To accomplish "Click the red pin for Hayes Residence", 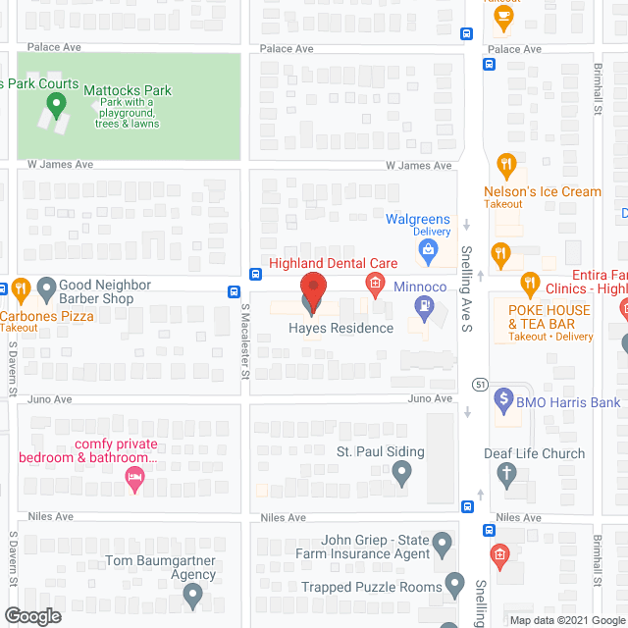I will click(312, 290).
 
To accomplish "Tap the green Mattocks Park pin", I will click(57, 102).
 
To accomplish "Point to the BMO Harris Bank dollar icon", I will click(503, 399).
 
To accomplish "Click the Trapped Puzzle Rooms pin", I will click(453, 586).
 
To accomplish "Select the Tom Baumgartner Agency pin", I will click(192, 595).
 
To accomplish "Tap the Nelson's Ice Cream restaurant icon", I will click(506, 166).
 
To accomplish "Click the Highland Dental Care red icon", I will click(374, 285).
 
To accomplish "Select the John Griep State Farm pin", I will click(443, 542).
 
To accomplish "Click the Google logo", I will click(31, 615).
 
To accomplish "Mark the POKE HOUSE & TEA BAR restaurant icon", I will click(531, 285).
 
